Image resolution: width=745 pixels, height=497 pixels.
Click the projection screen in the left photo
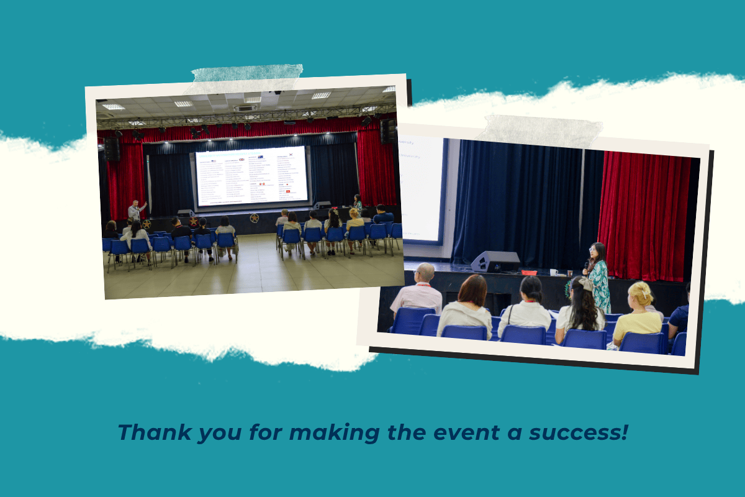(x=251, y=176)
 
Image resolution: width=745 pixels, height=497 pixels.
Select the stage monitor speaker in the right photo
(x=495, y=262)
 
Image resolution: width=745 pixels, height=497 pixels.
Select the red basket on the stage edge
(x=528, y=272)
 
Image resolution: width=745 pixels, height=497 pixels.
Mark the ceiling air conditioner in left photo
(x=245, y=107)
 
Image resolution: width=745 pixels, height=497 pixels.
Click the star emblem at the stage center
(x=254, y=218)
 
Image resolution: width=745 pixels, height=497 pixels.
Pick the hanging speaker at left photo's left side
(x=112, y=149)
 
